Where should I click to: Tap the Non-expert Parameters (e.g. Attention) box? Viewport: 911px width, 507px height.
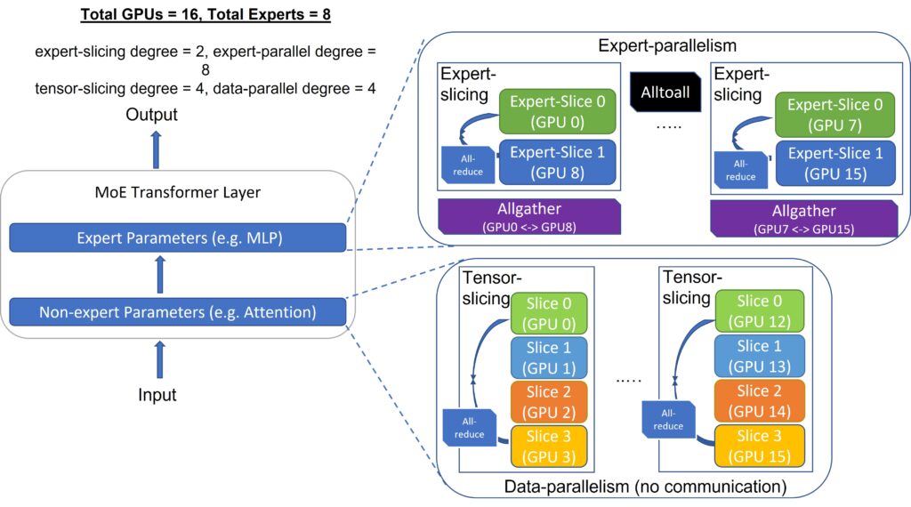point(176,311)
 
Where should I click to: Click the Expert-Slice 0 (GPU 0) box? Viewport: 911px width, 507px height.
point(552,111)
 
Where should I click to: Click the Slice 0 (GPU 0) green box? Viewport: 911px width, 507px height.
point(548,311)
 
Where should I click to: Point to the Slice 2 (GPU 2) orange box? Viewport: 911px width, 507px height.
point(548,401)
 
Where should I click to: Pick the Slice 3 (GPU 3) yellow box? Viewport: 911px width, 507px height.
point(548,446)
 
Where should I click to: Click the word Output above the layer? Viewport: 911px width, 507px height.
point(151,115)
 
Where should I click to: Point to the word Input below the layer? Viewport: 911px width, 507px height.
point(157,394)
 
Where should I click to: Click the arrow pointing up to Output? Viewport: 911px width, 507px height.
point(157,148)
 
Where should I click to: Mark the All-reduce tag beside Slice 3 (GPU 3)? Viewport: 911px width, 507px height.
point(469,428)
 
